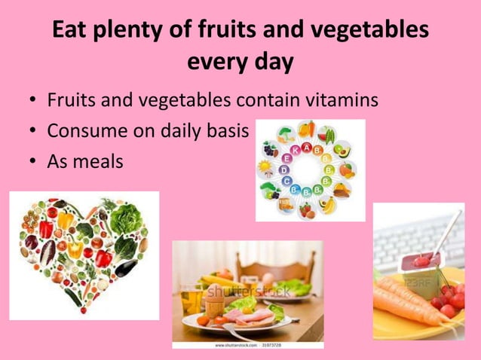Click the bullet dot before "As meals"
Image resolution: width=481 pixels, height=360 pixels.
[x=32, y=161]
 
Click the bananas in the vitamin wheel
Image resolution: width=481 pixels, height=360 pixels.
[x=329, y=203]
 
